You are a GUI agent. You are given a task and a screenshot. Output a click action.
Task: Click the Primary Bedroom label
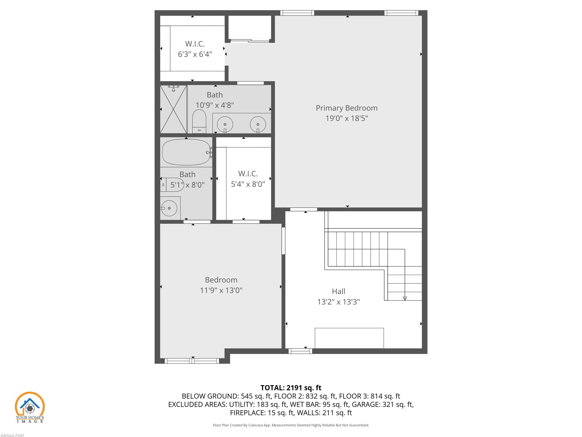pos(347,108)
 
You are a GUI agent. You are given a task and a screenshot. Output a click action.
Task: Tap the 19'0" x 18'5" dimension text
pos(347,118)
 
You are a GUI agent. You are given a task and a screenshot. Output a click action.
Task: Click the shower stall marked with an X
pos(173,109)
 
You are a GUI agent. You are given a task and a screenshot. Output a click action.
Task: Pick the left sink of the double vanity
pos(225,124)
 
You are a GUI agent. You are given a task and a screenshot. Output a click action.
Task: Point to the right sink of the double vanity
pos(258,124)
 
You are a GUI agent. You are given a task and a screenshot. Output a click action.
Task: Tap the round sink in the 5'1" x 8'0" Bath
pos(169,208)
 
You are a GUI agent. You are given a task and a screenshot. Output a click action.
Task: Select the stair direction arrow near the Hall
pos(405,298)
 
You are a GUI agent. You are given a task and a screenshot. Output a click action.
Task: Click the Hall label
pos(338,291)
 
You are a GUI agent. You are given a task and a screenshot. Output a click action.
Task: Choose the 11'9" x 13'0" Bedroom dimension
pos(221,290)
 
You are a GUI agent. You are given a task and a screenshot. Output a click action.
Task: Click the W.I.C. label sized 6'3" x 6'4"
pos(195,44)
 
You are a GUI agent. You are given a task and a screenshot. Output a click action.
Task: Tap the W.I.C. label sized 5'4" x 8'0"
pos(248,174)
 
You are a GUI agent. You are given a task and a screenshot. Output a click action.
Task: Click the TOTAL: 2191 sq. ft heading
pos(291,388)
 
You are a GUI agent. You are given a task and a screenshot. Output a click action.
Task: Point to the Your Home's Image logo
pos(30,407)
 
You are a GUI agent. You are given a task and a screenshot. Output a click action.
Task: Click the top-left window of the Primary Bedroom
pos(297,13)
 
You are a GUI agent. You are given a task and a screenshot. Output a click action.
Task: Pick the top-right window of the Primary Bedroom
pos(401,13)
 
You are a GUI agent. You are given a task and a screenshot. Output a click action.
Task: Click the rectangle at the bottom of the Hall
pos(349,338)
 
